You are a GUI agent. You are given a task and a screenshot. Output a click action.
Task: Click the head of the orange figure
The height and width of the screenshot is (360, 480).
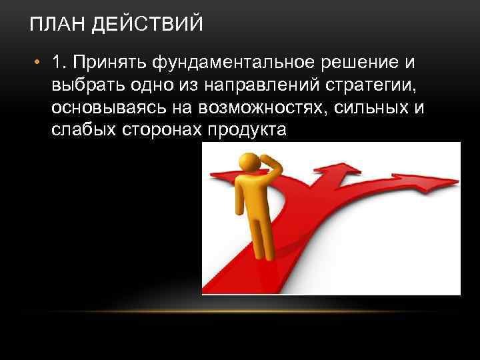click(250, 162)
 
